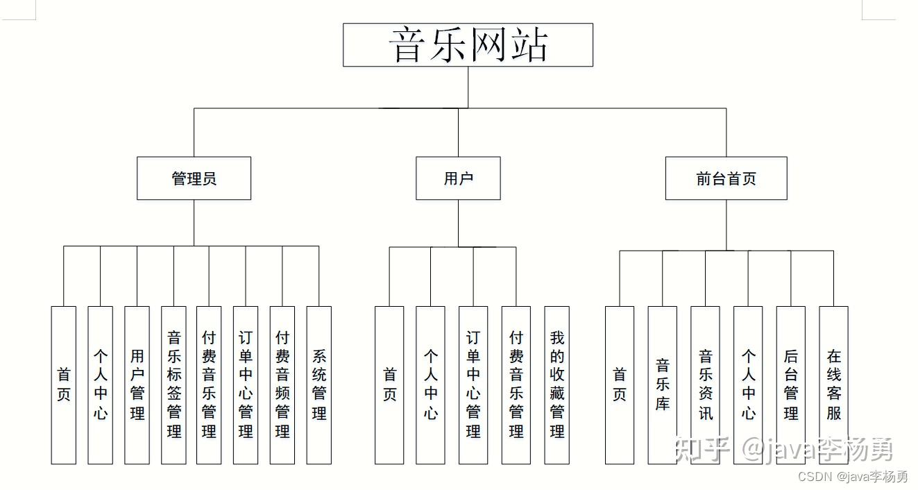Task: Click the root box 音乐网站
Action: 468,44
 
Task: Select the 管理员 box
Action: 194,178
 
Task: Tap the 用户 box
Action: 458,178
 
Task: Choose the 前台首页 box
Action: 726,178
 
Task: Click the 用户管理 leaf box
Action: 137,385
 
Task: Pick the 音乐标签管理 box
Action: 173,385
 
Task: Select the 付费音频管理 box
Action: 282,385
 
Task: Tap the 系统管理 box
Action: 319,385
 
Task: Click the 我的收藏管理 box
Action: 557,385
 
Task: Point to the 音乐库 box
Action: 662,385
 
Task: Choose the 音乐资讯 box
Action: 705,385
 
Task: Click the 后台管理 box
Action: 791,385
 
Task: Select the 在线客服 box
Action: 833,385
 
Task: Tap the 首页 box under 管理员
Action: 64,385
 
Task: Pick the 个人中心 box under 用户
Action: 430,385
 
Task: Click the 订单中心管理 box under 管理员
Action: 246,385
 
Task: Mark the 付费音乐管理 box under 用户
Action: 516,385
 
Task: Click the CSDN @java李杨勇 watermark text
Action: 853,477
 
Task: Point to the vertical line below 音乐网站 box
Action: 468,87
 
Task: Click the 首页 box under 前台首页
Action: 620,385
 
